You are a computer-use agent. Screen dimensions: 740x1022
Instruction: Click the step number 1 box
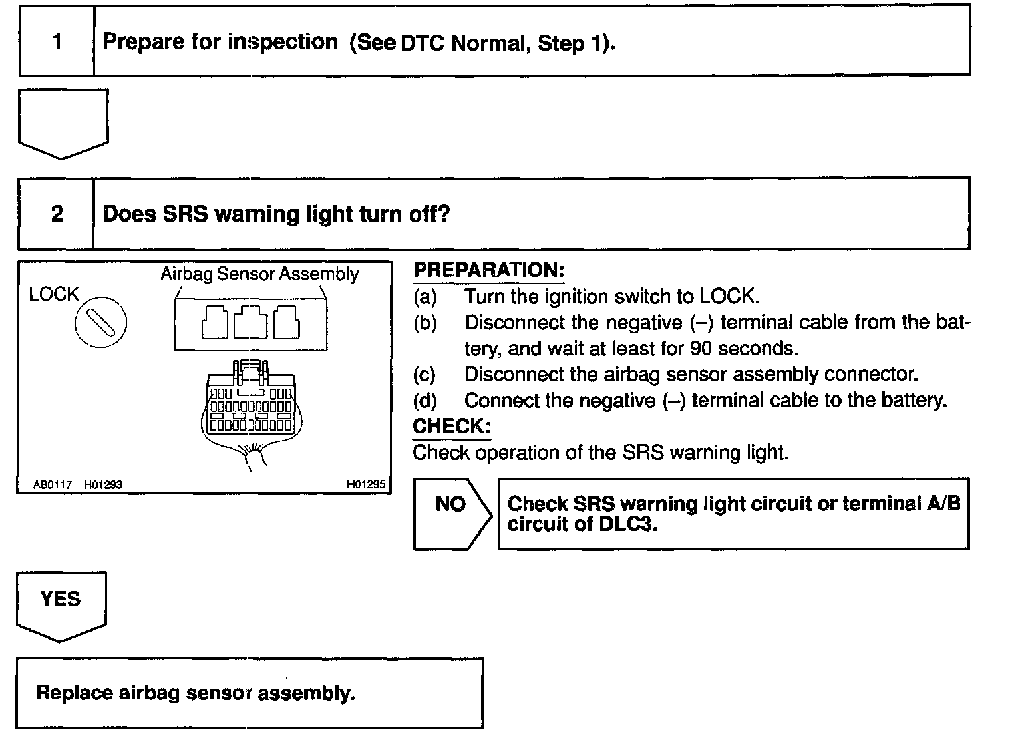(x=57, y=42)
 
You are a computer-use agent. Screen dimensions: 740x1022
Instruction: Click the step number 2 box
(x=57, y=214)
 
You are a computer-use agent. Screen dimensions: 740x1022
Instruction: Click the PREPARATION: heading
(x=489, y=270)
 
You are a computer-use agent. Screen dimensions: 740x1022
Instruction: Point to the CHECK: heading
(x=452, y=426)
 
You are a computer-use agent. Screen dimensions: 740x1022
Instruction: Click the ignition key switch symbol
(x=101, y=323)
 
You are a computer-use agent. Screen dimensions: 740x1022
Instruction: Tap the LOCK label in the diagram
(x=53, y=294)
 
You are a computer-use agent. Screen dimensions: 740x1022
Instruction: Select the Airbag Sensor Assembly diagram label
(x=259, y=274)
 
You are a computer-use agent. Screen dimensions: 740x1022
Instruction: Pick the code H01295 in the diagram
(x=365, y=484)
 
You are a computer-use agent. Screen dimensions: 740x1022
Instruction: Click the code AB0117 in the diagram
(x=53, y=485)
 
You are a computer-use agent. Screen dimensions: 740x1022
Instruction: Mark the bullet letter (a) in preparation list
(x=425, y=297)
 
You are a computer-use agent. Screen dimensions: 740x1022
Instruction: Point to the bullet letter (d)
(x=425, y=401)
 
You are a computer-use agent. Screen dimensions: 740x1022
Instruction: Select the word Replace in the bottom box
(x=74, y=693)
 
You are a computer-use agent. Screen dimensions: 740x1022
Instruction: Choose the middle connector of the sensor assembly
(x=251, y=322)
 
